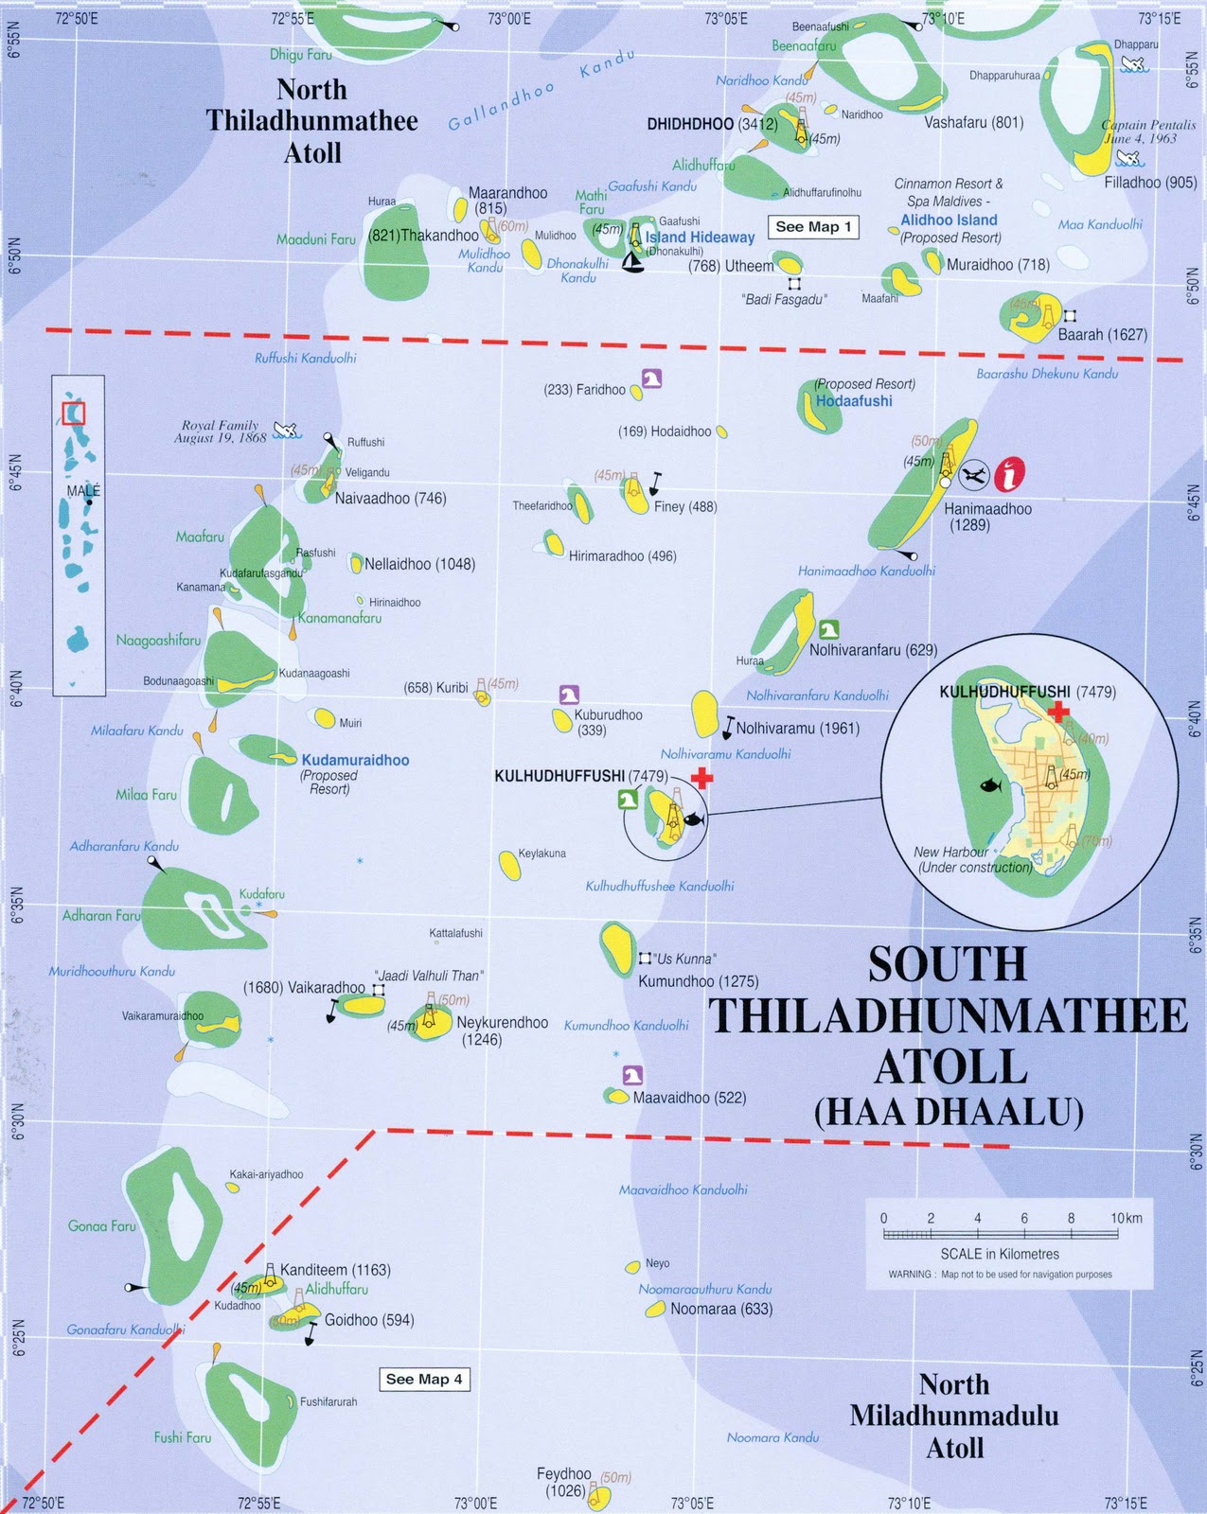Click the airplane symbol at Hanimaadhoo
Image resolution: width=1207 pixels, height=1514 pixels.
[x=974, y=474]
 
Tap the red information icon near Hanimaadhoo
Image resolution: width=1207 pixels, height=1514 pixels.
[x=1010, y=472]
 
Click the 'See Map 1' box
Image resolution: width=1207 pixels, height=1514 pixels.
[x=813, y=227]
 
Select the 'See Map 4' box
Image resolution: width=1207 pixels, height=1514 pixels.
[x=424, y=1380]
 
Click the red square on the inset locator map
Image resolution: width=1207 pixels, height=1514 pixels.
[x=74, y=414]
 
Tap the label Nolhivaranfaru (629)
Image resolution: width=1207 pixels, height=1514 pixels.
[x=873, y=650]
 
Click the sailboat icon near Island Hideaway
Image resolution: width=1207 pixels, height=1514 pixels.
[x=632, y=263]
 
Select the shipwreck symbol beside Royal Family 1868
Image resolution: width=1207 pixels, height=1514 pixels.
[x=285, y=431]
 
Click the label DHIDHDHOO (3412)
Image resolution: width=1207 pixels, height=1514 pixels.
[x=712, y=124]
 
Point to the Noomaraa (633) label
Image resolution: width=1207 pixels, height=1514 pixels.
[x=721, y=1310]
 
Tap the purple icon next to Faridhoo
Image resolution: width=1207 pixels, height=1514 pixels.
[x=651, y=378]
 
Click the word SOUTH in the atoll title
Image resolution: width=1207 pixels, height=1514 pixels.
[x=947, y=965]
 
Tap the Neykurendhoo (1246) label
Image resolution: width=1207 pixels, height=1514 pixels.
[x=502, y=1030]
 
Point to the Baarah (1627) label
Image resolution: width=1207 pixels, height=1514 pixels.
[x=1102, y=335]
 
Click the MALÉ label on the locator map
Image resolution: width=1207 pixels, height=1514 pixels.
[x=83, y=491]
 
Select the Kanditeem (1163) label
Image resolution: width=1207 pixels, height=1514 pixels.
[x=335, y=1270]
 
